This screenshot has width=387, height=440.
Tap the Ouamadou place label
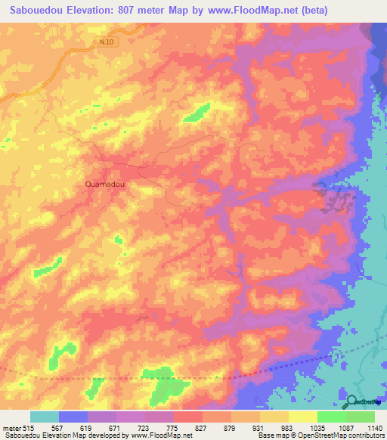click(x=104, y=184)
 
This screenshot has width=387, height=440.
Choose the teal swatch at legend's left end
click(x=44, y=417)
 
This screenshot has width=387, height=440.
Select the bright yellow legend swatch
click(x=302, y=417)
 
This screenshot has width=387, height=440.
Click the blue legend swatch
click(x=73, y=417)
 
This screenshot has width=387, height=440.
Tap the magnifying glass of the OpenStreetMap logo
click(x=349, y=401)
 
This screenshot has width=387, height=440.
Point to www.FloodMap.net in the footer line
click(x=160, y=436)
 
